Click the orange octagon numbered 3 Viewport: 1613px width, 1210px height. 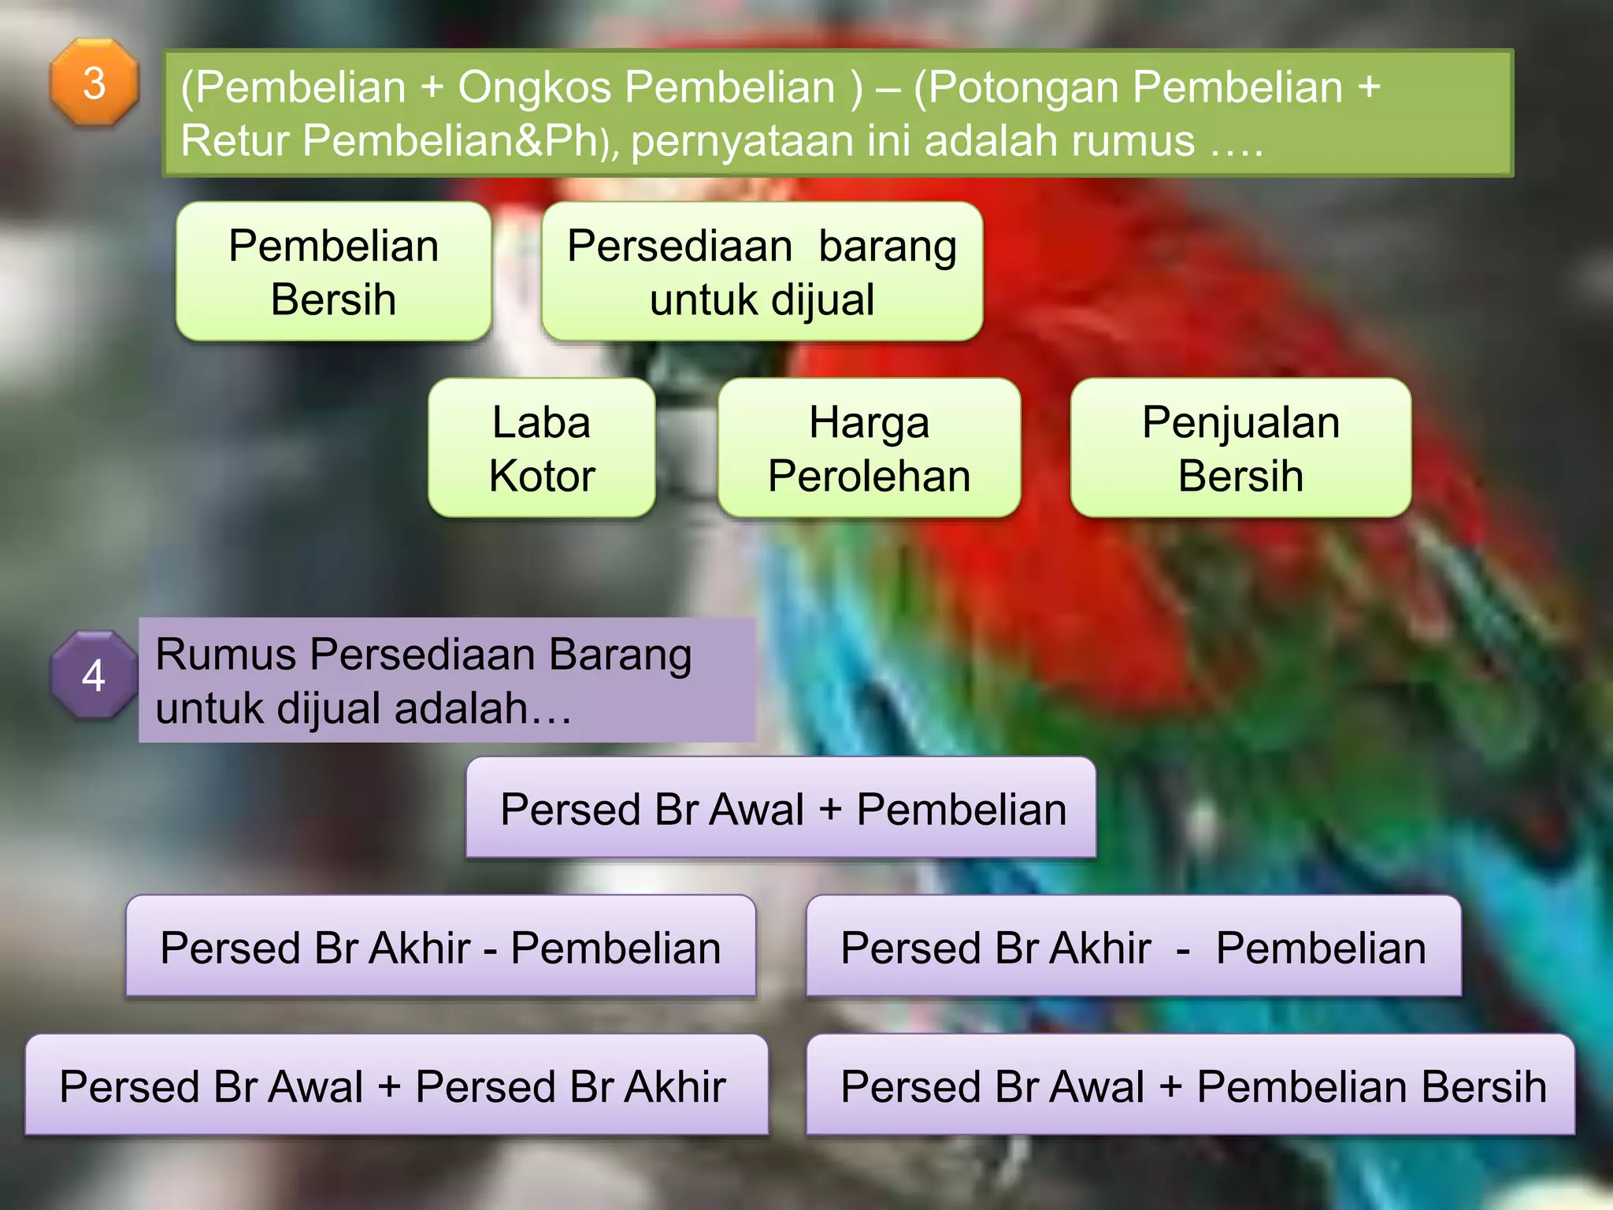click(x=95, y=83)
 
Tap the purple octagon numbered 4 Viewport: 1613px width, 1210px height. click(x=94, y=675)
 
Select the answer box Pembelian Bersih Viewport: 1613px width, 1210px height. click(x=334, y=272)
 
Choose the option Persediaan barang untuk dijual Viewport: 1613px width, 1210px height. click(x=762, y=272)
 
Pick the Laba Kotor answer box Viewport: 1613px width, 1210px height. click(x=542, y=448)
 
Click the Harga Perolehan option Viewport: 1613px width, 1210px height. click(x=869, y=448)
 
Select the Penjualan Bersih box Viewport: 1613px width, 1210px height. click(x=1240, y=448)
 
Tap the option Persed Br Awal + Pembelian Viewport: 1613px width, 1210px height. click(x=781, y=808)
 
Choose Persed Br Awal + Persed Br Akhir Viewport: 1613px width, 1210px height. click(x=396, y=1086)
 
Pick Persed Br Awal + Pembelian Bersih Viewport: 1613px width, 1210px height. click(x=1190, y=1086)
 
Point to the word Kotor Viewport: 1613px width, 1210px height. click(x=542, y=476)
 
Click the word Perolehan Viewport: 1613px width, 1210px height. click(x=869, y=476)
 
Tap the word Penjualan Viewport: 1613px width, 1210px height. click(x=1240, y=423)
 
